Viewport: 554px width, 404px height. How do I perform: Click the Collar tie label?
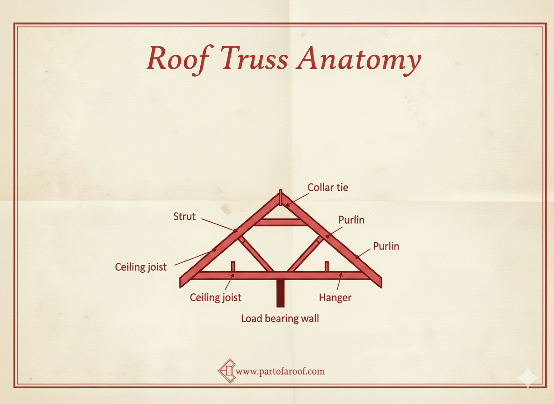click(328, 188)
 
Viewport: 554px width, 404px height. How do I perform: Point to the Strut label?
click(184, 216)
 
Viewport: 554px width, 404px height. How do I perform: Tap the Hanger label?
click(335, 297)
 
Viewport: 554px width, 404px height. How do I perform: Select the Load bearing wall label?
click(280, 319)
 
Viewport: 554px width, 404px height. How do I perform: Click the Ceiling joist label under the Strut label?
click(141, 268)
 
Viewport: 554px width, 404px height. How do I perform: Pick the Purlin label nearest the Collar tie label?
click(351, 219)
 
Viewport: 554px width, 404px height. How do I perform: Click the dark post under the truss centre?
click(280, 293)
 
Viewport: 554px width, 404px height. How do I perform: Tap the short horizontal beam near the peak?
click(280, 222)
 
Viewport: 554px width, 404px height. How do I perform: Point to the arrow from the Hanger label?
click(339, 283)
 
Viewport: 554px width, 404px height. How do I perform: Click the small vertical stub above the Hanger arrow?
click(327, 266)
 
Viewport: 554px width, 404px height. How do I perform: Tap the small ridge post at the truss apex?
click(280, 197)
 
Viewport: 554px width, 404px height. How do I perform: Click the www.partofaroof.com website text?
click(280, 372)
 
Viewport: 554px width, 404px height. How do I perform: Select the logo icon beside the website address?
click(227, 371)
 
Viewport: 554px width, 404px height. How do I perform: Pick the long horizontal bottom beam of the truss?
click(280, 275)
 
